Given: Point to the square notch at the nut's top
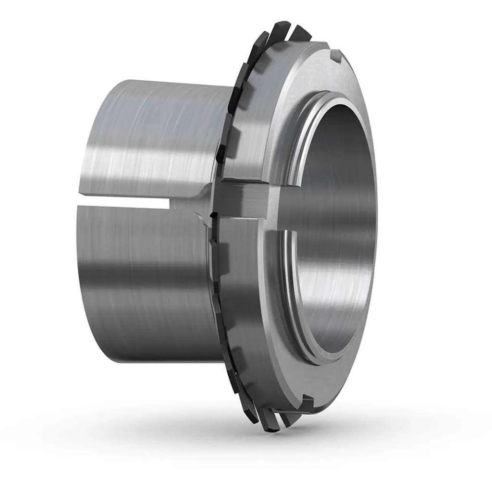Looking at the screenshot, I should [x=336, y=57].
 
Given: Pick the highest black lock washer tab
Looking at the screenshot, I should [x=283, y=26].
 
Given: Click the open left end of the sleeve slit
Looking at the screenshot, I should [x=82, y=203].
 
